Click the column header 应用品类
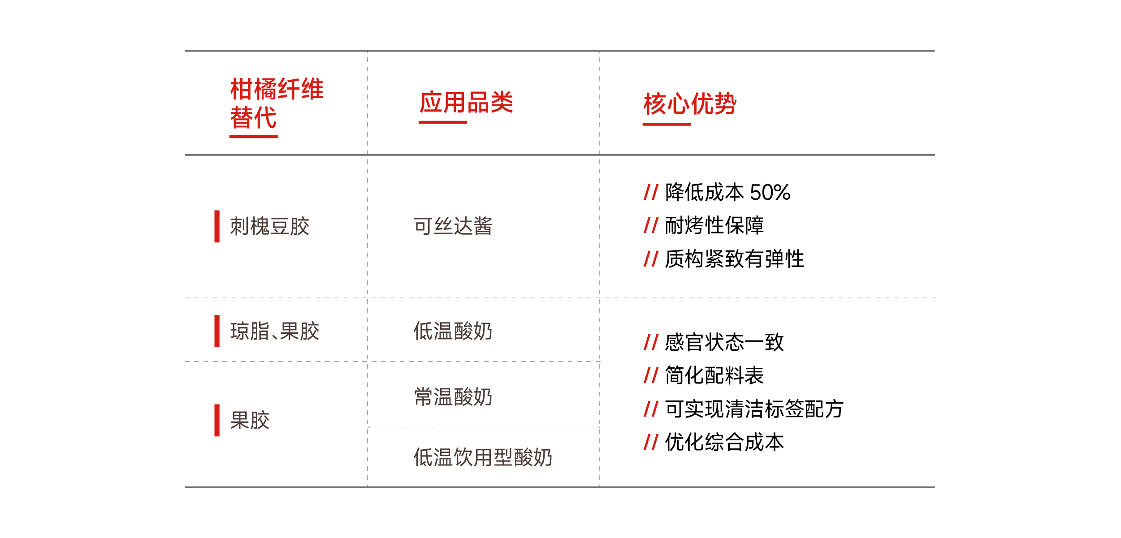pyautogui.click(x=466, y=102)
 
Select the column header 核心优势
pyautogui.click(x=690, y=104)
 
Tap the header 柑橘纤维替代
pyautogui.click(x=277, y=103)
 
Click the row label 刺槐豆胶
pyautogui.click(x=270, y=226)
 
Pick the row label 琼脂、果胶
pyautogui.click(x=275, y=331)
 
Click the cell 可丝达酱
pyautogui.click(x=453, y=226)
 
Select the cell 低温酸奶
pyautogui.click(x=453, y=331)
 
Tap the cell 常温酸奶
pyautogui.click(x=453, y=397)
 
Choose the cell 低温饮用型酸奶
pyautogui.click(x=483, y=457)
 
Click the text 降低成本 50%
pyautogui.click(x=727, y=193)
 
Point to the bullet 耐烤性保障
pyautogui.click(x=714, y=225)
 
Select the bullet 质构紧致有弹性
pyautogui.click(x=735, y=259)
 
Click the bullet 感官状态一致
pyautogui.click(x=724, y=342)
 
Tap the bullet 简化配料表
pyautogui.click(x=714, y=375)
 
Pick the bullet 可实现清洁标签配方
pyautogui.click(x=754, y=409)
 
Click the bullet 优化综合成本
pyautogui.click(x=724, y=442)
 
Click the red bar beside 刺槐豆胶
pyautogui.click(x=217, y=226)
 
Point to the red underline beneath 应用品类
pyautogui.click(x=443, y=122)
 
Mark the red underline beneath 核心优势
pyautogui.click(x=667, y=124)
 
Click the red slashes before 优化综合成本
pyautogui.click(x=651, y=442)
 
